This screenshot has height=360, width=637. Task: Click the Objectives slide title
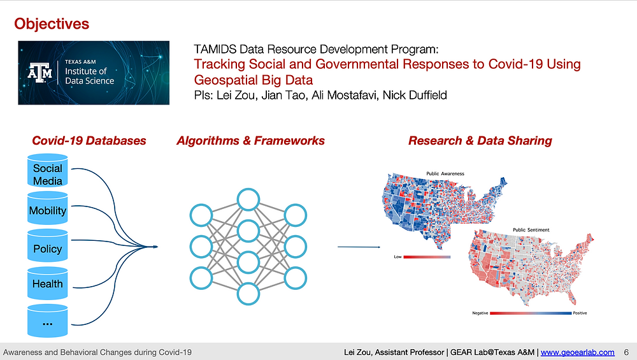tap(52, 24)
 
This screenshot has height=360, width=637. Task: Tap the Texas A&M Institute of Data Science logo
tap(94, 73)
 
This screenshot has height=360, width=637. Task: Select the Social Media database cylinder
tap(48, 171)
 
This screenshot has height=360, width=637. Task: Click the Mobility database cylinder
tap(48, 208)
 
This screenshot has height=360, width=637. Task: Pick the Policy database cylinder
tap(48, 245)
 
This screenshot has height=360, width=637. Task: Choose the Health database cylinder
tap(48, 283)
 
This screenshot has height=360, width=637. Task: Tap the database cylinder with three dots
tap(48, 320)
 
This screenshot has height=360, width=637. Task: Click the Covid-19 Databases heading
tap(89, 141)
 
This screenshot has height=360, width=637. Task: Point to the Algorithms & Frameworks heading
tap(250, 141)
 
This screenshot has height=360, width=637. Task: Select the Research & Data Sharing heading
tap(480, 141)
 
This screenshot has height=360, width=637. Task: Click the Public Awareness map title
tap(445, 173)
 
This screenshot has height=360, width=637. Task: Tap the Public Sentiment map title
tap(531, 230)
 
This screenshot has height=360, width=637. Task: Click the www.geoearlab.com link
tap(578, 352)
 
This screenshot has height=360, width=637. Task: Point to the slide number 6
tap(626, 352)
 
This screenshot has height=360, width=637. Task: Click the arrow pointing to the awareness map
tap(359, 247)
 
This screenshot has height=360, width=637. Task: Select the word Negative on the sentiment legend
tap(480, 313)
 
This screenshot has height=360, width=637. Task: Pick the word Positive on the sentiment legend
tap(580, 313)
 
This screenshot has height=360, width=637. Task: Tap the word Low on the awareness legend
tap(397, 257)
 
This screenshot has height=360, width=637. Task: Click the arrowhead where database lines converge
tap(155, 247)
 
